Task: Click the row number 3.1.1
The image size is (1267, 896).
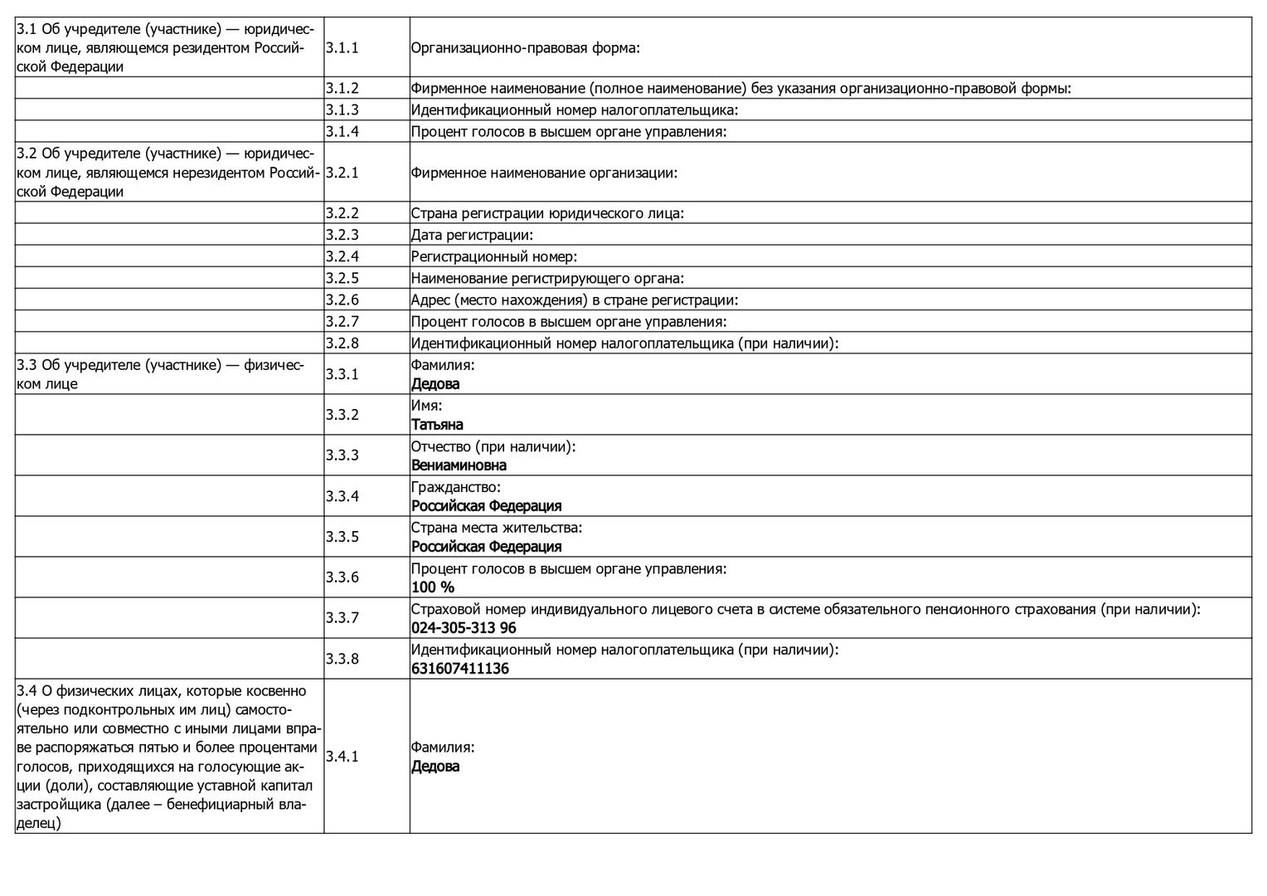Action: click(x=342, y=48)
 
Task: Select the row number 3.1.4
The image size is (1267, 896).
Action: click(x=342, y=131)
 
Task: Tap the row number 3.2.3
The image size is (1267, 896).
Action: click(x=342, y=235)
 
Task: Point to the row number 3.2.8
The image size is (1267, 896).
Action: click(x=342, y=343)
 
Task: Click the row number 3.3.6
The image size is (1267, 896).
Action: click(x=342, y=577)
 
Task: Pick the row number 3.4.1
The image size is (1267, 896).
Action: click(x=342, y=757)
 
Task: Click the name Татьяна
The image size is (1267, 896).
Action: click(x=437, y=425)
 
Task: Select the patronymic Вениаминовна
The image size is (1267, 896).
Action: click(x=459, y=465)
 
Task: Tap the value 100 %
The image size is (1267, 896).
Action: click(x=433, y=587)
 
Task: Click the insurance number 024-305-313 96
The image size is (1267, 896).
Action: click(x=464, y=628)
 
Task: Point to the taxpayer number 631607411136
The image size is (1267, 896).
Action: click(x=460, y=669)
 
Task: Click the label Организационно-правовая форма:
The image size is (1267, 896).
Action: click(x=526, y=48)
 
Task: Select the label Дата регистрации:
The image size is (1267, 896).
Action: click(x=472, y=235)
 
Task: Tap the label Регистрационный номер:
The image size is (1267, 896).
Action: click(x=493, y=256)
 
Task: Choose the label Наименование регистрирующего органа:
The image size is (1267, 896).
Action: click(x=547, y=278)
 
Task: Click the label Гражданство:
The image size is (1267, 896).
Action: click(x=456, y=487)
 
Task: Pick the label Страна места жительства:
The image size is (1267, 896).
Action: click(x=497, y=528)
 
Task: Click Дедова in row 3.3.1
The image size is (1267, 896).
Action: click(x=435, y=384)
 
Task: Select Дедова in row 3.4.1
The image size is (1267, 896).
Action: click(x=435, y=767)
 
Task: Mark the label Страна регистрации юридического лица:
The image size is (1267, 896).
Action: click(x=547, y=213)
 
